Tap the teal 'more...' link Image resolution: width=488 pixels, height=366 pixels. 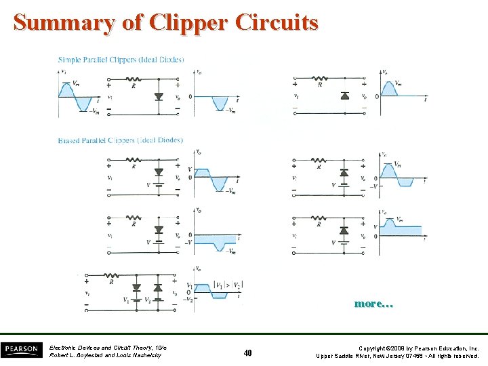373,304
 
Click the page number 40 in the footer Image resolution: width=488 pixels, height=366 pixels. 247,352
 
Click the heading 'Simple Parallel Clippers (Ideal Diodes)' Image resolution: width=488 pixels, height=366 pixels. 121,60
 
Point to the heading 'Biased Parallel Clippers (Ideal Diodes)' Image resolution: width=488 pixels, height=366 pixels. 121,140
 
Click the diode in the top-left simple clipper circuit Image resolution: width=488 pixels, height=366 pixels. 159,97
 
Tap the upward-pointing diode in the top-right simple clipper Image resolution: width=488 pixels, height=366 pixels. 344,96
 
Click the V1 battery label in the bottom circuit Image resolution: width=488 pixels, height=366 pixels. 126,300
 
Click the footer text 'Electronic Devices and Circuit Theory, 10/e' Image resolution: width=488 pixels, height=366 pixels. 108,348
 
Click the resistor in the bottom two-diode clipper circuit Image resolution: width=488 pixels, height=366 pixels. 113,275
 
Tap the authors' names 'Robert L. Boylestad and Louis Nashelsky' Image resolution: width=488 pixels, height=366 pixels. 105,356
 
